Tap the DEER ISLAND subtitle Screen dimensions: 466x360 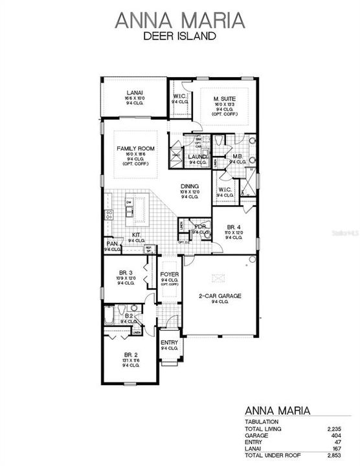tap(180, 37)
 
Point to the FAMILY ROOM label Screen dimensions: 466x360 tap(135, 148)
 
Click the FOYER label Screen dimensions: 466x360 tap(169, 274)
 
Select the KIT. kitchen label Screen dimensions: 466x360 tap(137, 235)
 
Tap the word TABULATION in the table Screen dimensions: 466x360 tap(261, 422)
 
